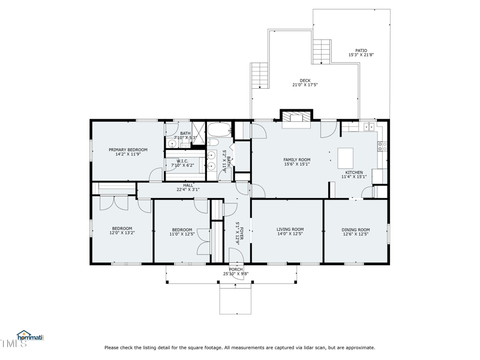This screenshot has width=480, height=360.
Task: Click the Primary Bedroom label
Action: tap(128, 149)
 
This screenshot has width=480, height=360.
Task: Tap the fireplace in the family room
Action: tap(298, 117)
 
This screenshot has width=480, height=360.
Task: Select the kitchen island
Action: tap(347, 158)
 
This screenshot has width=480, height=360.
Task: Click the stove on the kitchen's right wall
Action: tap(382, 146)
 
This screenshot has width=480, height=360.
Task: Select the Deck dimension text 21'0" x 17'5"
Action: tap(305, 85)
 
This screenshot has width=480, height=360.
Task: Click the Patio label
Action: tap(361, 50)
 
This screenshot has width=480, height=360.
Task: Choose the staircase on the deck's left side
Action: tap(259, 76)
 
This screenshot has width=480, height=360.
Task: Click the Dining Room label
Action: tap(356, 229)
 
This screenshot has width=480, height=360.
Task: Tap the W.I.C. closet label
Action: tap(182, 161)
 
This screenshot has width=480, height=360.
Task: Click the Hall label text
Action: tap(188, 185)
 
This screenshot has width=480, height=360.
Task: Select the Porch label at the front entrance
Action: tap(236, 269)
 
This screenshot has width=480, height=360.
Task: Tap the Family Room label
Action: tap(297, 160)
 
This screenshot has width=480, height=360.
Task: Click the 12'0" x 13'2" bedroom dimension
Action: tap(122, 233)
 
